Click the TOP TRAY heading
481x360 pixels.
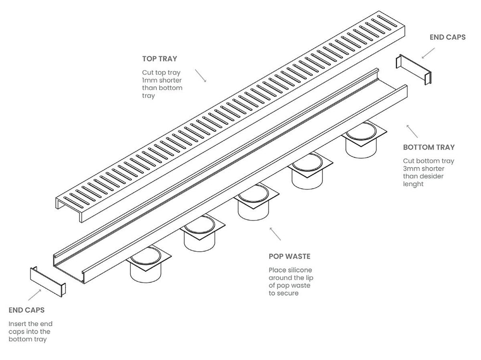[x=159, y=59]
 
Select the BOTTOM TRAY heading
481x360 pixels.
[x=429, y=147]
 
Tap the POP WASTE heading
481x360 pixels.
[x=290, y=257]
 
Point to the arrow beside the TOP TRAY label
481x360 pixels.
[x=201, y=75]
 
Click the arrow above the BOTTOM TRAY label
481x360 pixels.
[x=412, y=130]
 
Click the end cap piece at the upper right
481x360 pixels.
[x=413, y=69]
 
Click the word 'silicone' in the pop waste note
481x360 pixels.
[x=299, y=270]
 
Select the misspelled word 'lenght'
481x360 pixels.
[x=414, y=184]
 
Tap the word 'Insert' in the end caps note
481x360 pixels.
[x=17, y=324]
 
